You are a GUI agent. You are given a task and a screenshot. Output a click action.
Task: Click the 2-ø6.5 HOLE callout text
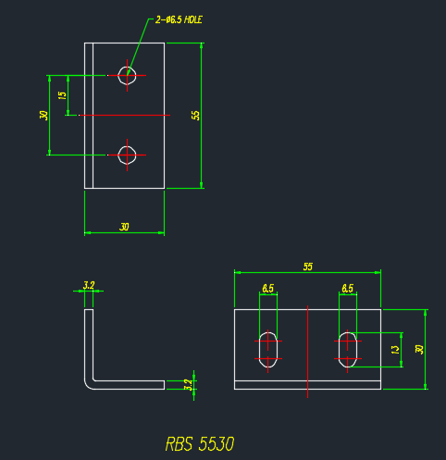179,20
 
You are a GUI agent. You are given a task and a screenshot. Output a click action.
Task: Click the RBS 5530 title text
200,444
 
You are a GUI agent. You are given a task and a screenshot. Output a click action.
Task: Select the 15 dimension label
62,95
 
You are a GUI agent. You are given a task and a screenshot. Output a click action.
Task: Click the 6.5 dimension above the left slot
267,289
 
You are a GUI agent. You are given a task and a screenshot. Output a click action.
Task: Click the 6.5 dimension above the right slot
348,289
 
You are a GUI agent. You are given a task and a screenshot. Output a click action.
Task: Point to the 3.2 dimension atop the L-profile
89,285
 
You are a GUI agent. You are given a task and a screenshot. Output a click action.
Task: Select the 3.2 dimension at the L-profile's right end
188,385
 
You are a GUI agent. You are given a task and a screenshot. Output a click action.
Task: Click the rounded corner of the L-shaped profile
88,386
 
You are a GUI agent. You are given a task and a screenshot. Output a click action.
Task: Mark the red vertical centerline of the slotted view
307,352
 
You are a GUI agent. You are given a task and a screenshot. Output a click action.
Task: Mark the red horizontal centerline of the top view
125,115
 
